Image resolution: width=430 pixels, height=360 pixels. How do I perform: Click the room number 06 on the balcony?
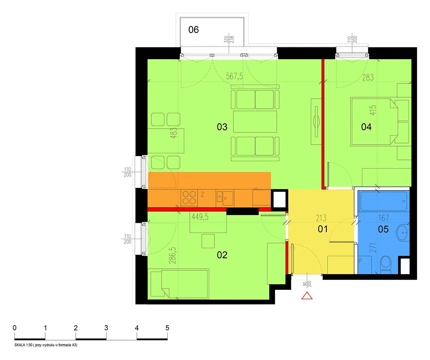point(193,30)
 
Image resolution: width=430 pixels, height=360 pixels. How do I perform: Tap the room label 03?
point(222,127)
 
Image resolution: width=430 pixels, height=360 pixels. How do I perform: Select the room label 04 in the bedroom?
point(366,127)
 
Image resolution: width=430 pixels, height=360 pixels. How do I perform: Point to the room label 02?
point(222,255)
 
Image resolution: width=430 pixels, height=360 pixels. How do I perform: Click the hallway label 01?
point(323,229)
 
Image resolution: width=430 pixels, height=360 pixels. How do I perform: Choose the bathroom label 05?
point(383,229)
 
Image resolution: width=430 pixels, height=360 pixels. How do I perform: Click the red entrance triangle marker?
point(307,296)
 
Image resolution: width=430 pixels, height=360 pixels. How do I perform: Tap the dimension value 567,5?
point(234,76)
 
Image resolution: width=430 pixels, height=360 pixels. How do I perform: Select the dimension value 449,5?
point(200,217)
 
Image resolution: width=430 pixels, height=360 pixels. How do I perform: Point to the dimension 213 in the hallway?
point(321,218)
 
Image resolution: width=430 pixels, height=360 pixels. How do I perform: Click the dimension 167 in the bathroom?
point(384,218)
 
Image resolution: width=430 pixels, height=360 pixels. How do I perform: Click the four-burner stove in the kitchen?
point(189,198)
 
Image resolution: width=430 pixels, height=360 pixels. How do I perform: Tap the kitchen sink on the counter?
point(225,198)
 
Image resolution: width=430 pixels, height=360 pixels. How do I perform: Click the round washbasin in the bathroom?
point(403,233)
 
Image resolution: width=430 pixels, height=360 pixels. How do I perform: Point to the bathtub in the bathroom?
point(384,201)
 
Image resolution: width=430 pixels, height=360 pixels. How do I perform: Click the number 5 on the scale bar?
point(167,328)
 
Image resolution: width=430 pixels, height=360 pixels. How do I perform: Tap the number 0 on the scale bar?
point(14,328)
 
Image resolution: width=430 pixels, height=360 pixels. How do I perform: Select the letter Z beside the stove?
point(203,194)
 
